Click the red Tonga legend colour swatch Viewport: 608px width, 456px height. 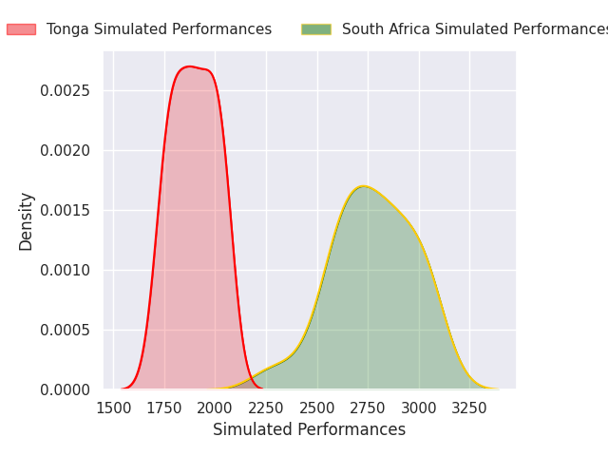(22, 29)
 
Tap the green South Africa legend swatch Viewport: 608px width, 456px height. (316, 29)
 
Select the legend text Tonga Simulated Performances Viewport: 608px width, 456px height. (159, 29)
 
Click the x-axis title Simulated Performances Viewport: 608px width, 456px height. (309, 429)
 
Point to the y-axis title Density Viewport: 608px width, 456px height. (27, 221)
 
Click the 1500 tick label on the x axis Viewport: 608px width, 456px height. (114, 408)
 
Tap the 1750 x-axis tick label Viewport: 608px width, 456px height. (164, 408)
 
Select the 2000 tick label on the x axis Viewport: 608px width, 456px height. (216, 408)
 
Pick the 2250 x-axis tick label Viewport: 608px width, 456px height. (266, 408)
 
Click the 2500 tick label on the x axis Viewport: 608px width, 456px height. (317, 408)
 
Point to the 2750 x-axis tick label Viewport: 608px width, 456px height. (368, 408)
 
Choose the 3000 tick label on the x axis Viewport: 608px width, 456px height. (419, 408)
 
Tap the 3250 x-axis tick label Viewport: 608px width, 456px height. (469, 408)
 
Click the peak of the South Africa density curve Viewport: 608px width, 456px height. (363, 186)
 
